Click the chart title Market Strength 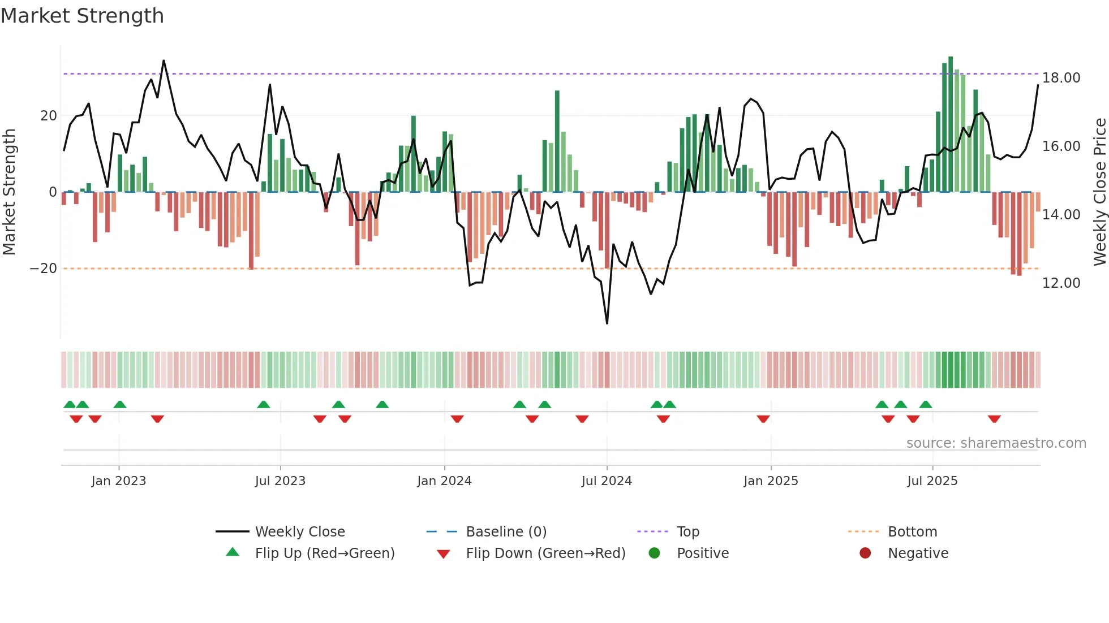[82, 16]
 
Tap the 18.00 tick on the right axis [1061, 78]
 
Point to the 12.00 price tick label [1061, 283]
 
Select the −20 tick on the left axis [44, 269]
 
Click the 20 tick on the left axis [49, 116]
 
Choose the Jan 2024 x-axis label [444, 481]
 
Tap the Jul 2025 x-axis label [932, 481]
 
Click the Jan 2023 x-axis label [119, 481]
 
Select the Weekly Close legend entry [299, 532]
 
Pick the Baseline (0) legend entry [506, 532]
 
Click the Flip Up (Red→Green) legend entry [324, 553]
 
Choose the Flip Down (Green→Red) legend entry [545, 553]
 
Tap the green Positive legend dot [654, 553]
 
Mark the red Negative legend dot [865, 553]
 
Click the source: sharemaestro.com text [996, 443]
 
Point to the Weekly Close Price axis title [1099, 192]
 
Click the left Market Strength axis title [10, 192]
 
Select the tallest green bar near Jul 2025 [951, 124]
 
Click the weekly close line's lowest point [607, 323]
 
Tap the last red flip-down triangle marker [994, 419]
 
